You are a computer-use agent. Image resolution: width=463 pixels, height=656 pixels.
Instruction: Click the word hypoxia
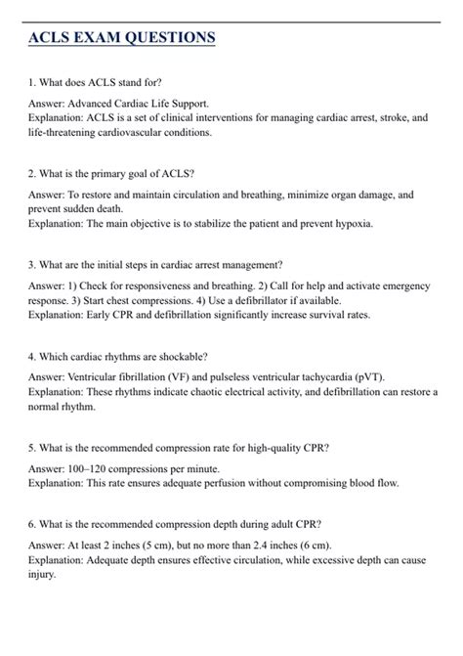click(x=350, y=223)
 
